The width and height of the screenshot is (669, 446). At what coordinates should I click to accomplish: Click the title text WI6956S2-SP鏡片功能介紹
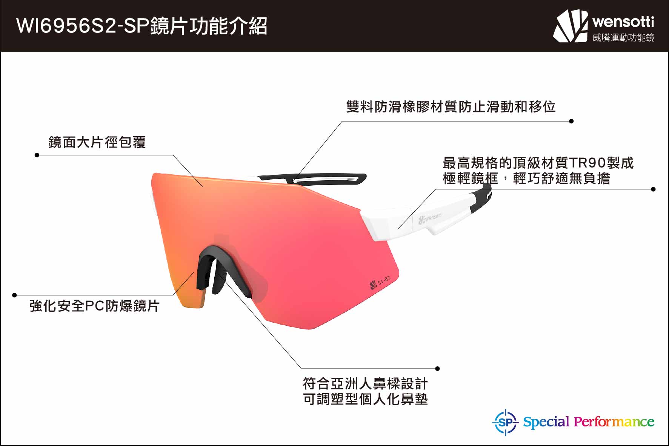click(142, 26)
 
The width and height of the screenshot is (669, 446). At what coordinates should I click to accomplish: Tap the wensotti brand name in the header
click(623, 22)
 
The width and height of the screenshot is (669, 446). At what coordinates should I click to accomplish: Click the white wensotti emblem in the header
click(571, 26)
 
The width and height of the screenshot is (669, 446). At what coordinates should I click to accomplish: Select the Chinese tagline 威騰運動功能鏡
click(623, 37)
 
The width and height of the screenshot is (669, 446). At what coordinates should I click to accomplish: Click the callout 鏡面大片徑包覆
click(97, 142)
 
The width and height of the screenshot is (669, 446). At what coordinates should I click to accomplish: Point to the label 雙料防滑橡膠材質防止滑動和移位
click(451, 106)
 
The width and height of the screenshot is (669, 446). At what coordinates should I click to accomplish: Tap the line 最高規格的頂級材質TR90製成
click(538, 163)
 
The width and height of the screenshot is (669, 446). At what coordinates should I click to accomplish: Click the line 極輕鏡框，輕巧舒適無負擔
click(526, 178)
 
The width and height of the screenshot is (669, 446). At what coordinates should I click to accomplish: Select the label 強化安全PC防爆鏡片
click(94, 306)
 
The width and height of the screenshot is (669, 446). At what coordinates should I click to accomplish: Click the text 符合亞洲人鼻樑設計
click(365, 384)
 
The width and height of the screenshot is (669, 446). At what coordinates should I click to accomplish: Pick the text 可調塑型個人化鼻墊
click(365, 399)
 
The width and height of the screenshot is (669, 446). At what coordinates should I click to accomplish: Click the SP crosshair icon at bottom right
click(506, 422)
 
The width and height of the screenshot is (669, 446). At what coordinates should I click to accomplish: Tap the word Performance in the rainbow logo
click(614, 422)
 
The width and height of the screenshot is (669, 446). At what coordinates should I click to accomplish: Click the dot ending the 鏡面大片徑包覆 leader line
click(37, 155)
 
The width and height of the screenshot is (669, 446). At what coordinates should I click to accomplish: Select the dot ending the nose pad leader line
click(437, 368)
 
